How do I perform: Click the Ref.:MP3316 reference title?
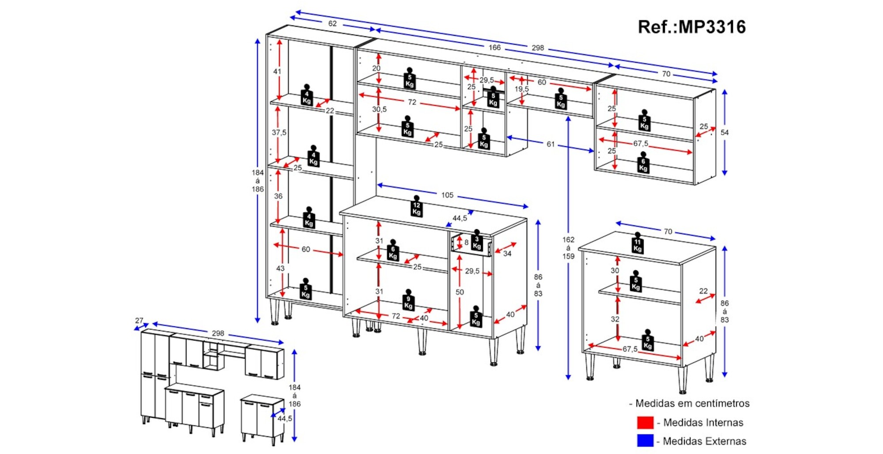coord(691,27)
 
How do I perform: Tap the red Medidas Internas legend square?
coord(645,422)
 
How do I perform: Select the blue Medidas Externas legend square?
coord(645,440)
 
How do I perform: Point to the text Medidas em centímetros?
coord(692,403)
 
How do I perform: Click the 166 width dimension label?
coord(494,47)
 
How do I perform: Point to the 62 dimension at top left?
coord(332,23)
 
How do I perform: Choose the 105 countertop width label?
coord(447,195)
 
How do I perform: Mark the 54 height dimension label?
coord(725,132)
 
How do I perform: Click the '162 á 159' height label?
coord(568,248)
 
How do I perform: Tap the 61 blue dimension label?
coord(551,144)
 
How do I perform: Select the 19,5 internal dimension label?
coord(521,89)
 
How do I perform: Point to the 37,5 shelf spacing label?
coord(279,132)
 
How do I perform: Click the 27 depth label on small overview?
coord(139,321)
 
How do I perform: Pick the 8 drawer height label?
coord(466,242)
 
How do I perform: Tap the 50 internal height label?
coord(460,292)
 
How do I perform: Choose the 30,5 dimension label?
coord(379,109)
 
